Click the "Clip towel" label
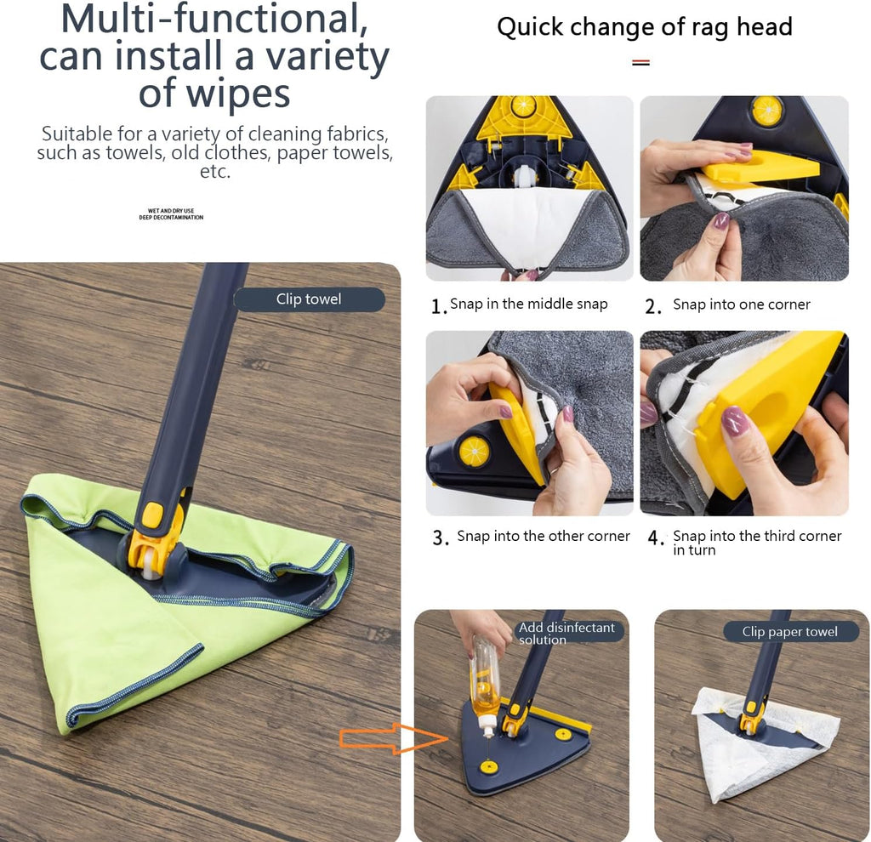(309, 299)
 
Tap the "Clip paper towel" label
(790, 631)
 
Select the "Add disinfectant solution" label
(566, 633)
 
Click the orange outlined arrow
(393, 738)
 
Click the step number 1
(438, 306)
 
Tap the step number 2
(652, 306)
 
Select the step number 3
(441, 538)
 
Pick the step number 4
(656, 538)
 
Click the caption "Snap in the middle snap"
(529, 304)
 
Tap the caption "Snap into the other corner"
(544, 536)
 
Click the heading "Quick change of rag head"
(645, 26)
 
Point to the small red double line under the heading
(641, 63)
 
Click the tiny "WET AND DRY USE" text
(171, 211)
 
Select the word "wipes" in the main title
(214, 94)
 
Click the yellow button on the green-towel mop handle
(151, 515)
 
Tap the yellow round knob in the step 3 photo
(475, 451)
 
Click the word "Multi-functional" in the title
(213, 19)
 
